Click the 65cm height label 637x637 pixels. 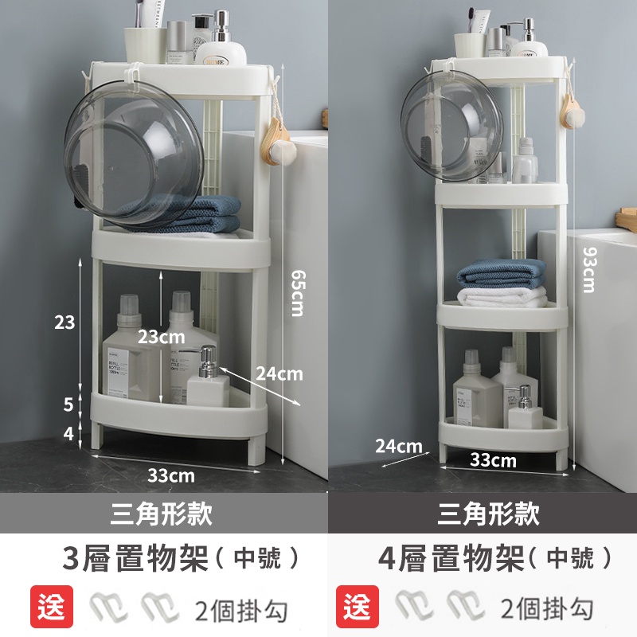tap(296, 292)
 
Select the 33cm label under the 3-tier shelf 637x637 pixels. tap(171, 475)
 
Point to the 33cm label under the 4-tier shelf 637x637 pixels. tap(493, 459)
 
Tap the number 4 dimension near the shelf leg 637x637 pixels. tap(68, 434)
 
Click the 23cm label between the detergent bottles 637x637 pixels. tap(161, 337)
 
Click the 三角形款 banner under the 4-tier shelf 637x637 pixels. tap(488, 514)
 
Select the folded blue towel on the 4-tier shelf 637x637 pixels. tap(502, 273)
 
